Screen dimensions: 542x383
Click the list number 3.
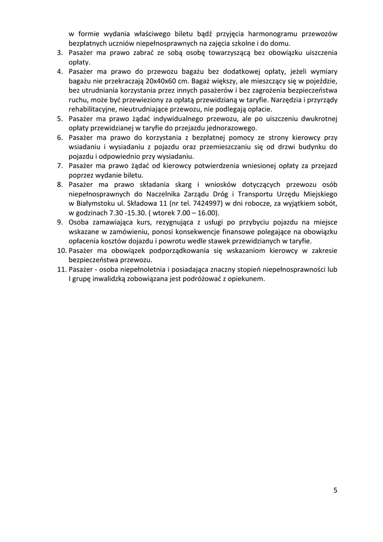[60, 53]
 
